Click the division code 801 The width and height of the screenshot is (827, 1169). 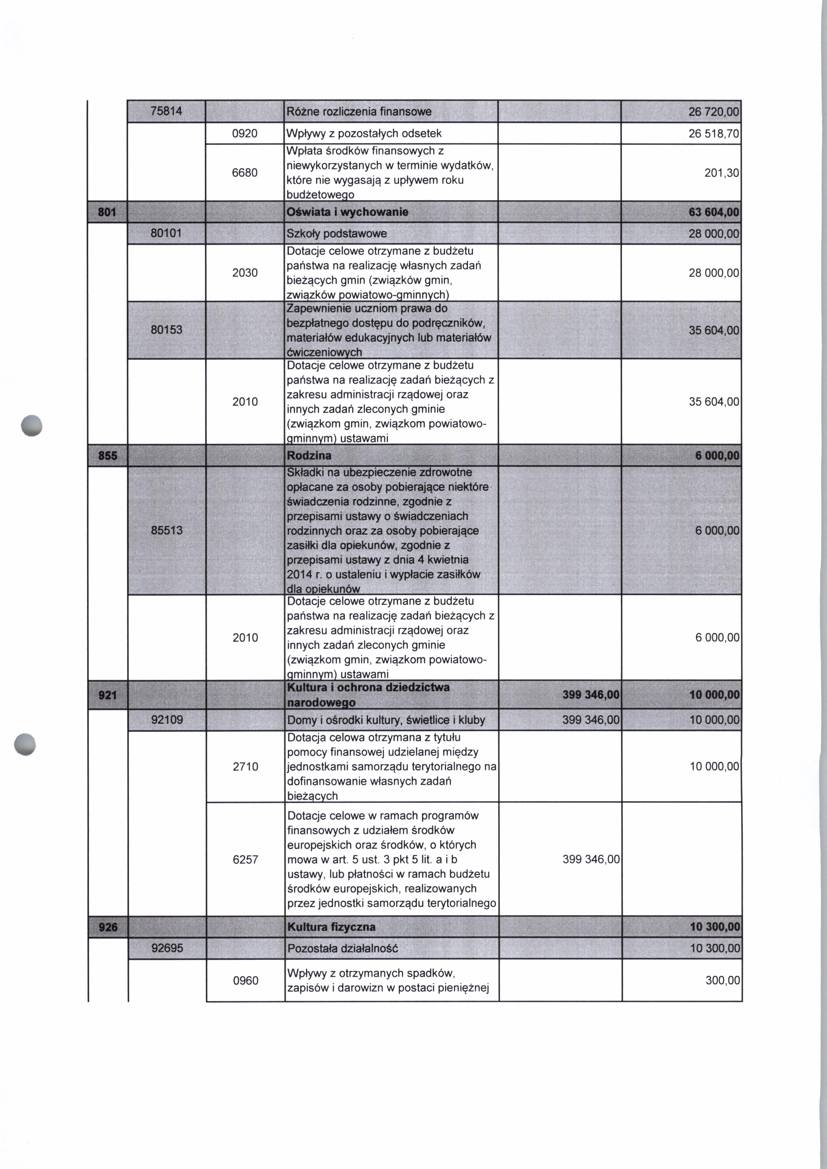(x=107, y=212)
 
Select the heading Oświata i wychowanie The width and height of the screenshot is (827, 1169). (x=347, y=212)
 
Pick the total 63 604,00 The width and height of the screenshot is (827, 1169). (x=713, y=212)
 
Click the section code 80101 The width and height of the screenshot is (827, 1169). (x=166, y=233)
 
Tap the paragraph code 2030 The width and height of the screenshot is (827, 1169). (x=245, y=272)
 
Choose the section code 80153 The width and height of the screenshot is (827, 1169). (x=166, y=329)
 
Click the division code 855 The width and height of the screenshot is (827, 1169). (x=107, y=455)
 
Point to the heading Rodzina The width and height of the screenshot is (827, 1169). (x=309, y=455)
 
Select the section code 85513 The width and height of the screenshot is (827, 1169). (x=166, y=530)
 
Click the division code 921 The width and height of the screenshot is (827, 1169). (x=107, y=694)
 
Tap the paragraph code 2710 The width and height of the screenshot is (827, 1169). (x=245, y=766)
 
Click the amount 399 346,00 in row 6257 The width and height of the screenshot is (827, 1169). (x=591, y=859)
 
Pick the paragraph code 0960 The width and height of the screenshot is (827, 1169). (x=245, y=981)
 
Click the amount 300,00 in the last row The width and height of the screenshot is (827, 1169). (x=722, y=981)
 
